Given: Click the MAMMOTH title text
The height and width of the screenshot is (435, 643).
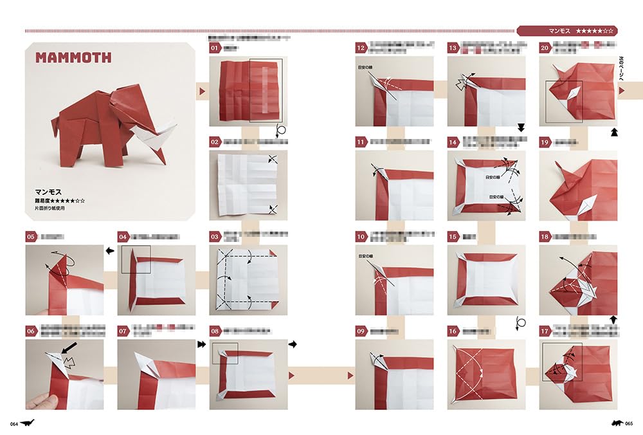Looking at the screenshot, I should [x=73, y=58].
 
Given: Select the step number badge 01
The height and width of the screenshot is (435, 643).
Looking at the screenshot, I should [x=215, y=48].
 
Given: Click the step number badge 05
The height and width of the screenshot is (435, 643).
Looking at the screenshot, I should [x=32, y=237].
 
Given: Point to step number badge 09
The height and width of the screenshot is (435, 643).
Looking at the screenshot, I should [x=361, y=331].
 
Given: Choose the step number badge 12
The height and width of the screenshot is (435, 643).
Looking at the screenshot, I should [x=361, y=48].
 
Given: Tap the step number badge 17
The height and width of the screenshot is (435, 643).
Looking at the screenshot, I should [x=545, y=331].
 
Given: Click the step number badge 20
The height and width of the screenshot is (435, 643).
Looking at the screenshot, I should [x=545, y=48].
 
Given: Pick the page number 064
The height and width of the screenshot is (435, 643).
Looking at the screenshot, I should [x=13, y=423].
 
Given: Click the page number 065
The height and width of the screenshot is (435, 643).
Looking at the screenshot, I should [x=628, y=423].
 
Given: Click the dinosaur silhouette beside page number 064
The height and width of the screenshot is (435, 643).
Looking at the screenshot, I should [x=28, y=422].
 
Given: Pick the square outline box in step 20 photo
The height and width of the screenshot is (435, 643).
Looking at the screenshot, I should [x=564, y=101].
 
